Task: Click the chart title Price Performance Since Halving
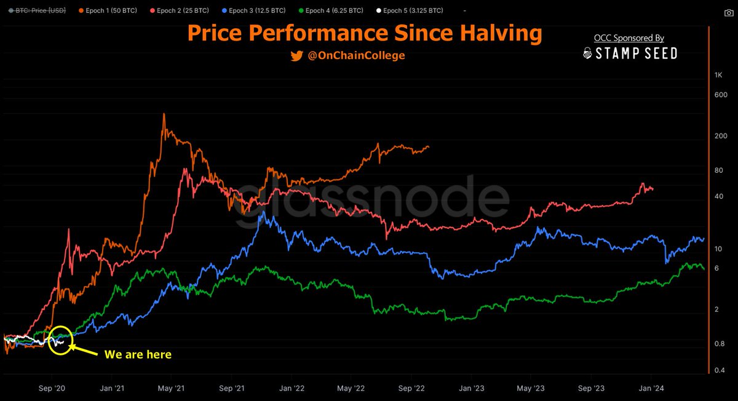pos(364,34)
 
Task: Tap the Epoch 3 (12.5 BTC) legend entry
pos(253,11)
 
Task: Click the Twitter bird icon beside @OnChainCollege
pos(296,56)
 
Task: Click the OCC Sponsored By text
pos(629,38)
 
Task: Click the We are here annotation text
pos(138,354)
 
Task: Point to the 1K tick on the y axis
pos(718,75)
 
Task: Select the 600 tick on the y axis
pos(721,95)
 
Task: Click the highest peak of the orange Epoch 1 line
pos(164,114)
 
